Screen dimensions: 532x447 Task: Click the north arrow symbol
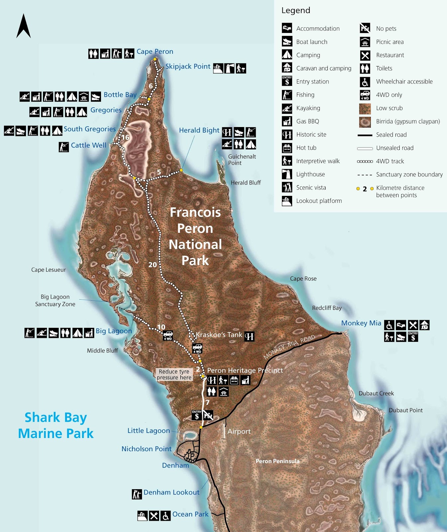point(24,26)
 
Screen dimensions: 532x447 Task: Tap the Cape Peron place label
point(155,52)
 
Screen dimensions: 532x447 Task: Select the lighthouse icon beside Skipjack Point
point(229,68)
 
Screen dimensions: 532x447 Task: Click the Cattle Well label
point(88,145)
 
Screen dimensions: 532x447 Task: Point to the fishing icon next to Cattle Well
point(64,147)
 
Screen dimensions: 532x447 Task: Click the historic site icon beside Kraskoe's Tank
point(249,336)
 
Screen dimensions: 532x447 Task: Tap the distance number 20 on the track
point(153,265)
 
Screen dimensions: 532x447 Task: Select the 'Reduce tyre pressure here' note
point(174,374)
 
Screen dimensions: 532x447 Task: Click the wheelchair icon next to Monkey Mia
point(389,325)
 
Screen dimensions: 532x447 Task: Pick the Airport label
point(239,431)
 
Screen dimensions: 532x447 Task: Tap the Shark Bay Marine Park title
point(56,425)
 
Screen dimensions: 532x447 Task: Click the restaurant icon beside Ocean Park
point(154,516)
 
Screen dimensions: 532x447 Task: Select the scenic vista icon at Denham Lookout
point(137,494)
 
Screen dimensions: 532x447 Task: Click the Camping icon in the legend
point(287,55)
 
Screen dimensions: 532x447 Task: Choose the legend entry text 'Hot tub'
point(306,148)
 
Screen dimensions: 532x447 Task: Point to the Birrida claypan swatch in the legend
point(365,122)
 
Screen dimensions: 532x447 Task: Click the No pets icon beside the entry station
point(208,415)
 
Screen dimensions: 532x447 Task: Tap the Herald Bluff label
point(246,183)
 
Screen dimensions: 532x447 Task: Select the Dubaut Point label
point(405,410)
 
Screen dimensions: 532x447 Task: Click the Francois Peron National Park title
point(195,236)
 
